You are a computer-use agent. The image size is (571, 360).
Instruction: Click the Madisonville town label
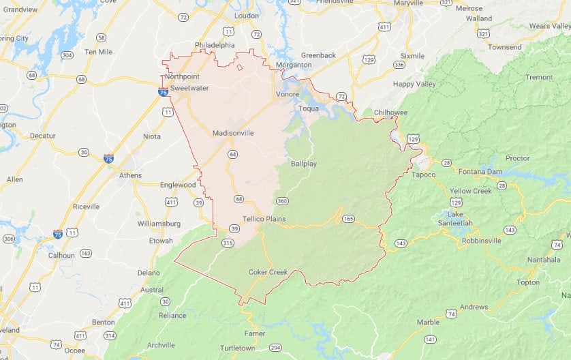[232, 133]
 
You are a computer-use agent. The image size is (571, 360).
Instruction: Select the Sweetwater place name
[189, 88]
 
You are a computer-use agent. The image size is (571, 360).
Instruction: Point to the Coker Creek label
[268, 272]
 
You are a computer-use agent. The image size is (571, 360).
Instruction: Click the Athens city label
[130, 175]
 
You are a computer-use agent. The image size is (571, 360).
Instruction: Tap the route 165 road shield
[348, 218]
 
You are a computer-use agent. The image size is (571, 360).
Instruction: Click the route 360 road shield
[282, 200]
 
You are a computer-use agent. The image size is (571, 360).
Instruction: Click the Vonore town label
[287, 94]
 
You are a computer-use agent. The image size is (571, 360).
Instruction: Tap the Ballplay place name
[303, 164]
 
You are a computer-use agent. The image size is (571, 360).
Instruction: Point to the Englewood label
[178, 185]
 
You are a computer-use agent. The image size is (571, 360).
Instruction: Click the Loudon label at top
[246, 15]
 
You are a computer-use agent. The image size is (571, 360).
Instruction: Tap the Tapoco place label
[424, 175]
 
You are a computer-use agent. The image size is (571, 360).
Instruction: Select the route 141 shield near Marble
[429, 339]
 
